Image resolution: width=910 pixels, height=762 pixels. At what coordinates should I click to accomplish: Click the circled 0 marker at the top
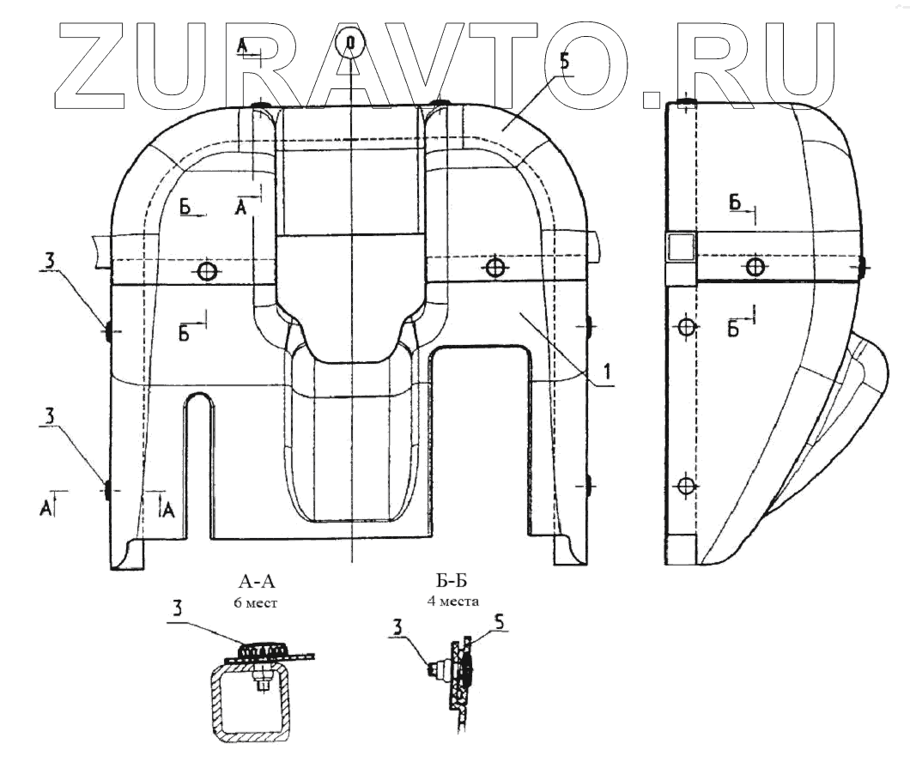point(350,41)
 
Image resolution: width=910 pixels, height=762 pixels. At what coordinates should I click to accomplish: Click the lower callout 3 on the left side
point(51,414)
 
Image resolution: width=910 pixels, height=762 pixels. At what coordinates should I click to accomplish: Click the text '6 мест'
point(260,602)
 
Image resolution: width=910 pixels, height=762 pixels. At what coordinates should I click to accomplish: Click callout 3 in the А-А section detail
point(177,608)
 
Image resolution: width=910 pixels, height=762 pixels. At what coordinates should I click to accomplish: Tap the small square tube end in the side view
point(681,248)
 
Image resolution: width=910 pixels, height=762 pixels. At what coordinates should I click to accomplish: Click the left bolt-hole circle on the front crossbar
point(206,272)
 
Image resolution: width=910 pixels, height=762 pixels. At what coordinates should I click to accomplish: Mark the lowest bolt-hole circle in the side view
point(684,487)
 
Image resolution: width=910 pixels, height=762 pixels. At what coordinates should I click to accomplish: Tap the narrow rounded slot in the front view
point(198,463)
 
